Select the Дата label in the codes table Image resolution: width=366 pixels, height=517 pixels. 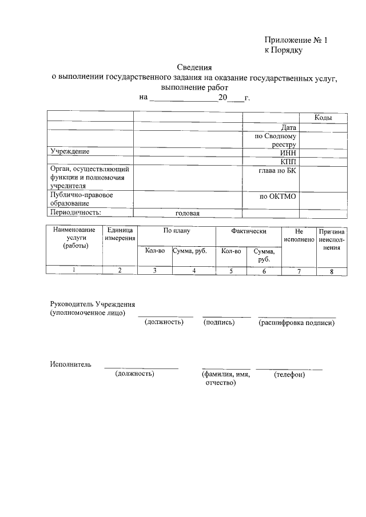coord(288,127)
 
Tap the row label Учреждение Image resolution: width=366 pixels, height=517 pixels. coord(70,152)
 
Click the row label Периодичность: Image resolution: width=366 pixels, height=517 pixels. coord(75,213)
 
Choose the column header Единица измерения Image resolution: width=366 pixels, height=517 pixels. coord(120,234)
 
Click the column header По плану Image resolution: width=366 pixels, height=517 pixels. coord(177,231)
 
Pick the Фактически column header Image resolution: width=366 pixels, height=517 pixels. coord(249,231)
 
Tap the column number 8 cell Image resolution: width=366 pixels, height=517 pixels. coord(332,271)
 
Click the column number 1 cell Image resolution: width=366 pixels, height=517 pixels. coord(74,271)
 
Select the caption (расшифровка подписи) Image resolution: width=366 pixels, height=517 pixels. coord(296,323)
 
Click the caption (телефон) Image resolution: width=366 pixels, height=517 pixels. coord(289,375)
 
